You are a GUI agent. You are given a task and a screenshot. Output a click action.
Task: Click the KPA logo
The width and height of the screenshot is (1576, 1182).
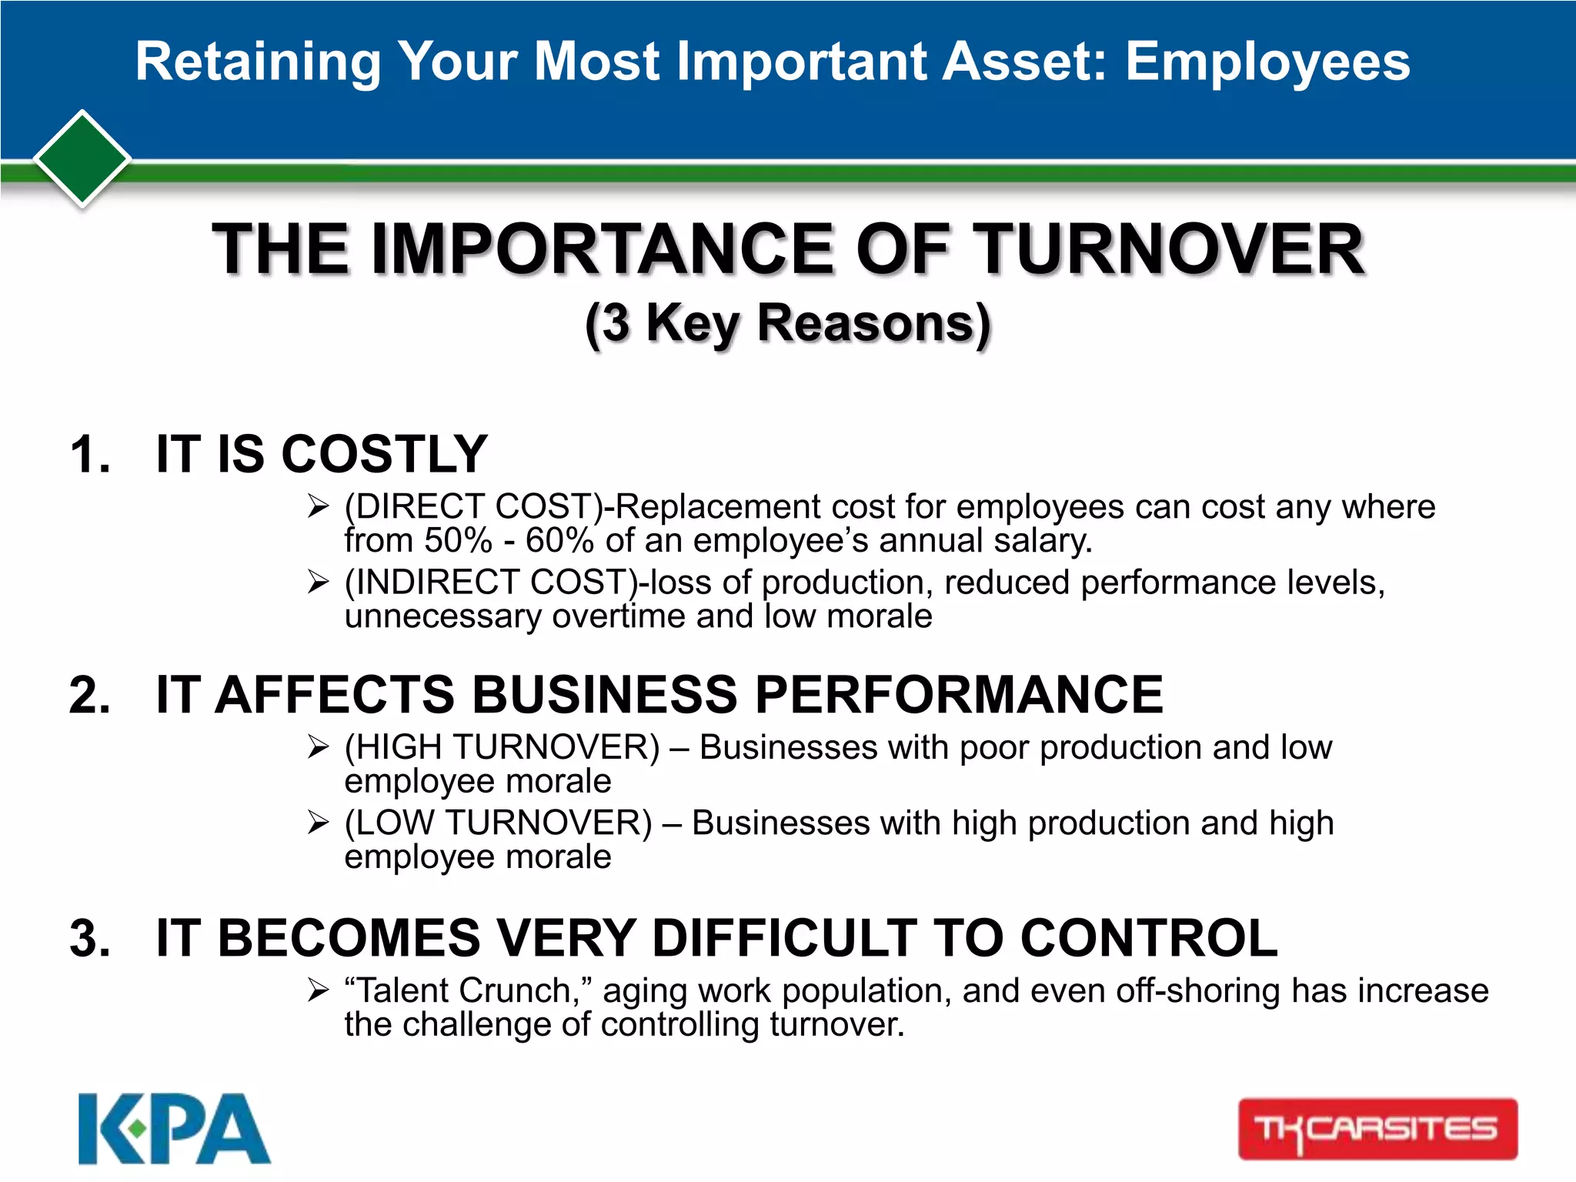point(174,1129)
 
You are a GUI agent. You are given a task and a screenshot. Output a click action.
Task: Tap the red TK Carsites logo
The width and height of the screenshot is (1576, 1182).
point(1377,1129)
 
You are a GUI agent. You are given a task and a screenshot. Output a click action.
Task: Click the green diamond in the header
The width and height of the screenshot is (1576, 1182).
point(82,159)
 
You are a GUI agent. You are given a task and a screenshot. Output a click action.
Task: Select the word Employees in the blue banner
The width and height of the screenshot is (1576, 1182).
point(1267,62)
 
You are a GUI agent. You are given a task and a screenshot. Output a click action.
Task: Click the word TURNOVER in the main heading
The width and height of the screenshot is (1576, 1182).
point(1170,249)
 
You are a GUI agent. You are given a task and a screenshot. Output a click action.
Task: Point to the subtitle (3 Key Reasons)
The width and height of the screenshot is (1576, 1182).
point(787,323)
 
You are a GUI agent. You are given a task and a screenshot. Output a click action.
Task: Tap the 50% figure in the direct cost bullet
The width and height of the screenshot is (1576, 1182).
point(458,540)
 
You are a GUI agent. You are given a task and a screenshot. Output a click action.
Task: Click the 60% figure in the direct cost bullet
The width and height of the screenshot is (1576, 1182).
point(559,540)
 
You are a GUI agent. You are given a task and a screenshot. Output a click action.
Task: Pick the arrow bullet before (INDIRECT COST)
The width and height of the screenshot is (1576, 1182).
point(318,582)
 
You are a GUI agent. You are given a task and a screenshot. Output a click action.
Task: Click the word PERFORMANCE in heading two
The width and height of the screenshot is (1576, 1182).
point(959,695)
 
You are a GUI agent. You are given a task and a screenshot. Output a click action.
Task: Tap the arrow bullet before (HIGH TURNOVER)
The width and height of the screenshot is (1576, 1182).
point(318,746)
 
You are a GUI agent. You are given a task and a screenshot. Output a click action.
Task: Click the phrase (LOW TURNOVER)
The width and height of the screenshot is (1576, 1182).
point(498,823)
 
